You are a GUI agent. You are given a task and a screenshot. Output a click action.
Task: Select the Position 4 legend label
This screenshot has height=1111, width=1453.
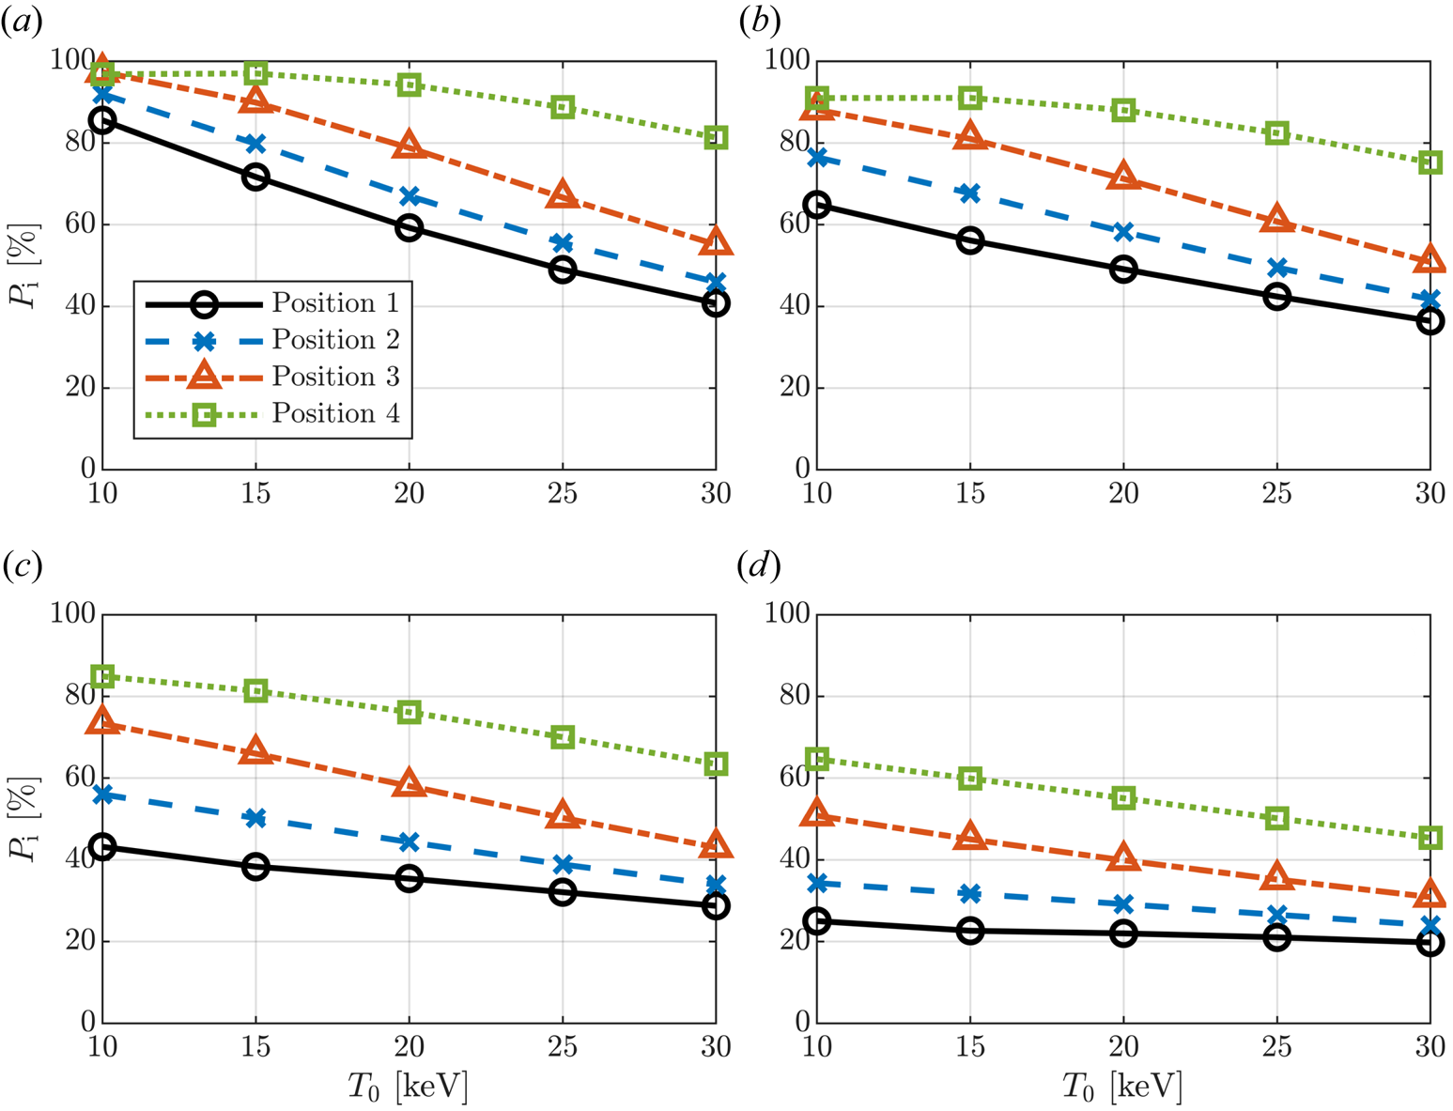point(335,413)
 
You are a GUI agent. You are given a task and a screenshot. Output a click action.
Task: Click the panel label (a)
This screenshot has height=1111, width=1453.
point(21,23)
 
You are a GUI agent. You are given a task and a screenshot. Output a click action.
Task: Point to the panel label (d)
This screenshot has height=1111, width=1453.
point(759,566)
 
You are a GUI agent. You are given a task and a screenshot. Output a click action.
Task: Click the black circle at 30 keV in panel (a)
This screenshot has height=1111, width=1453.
point(716,303)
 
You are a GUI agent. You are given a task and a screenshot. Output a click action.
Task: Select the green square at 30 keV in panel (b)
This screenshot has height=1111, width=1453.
point(1430,162)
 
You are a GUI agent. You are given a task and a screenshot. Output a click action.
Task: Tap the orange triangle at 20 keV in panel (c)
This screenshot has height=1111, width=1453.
point(409,783)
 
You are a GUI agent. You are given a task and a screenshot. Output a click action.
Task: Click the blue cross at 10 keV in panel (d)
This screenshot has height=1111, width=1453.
point(817,883)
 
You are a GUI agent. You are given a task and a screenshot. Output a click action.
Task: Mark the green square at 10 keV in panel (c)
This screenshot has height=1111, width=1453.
point(102,676)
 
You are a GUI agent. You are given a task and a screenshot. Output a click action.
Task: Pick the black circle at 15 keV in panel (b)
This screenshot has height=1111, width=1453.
point(970,240)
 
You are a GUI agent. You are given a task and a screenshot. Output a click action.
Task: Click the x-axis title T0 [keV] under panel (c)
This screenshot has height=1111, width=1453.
point(408,1087)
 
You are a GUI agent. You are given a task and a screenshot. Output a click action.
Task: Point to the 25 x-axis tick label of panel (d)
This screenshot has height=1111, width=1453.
point(1276,1046)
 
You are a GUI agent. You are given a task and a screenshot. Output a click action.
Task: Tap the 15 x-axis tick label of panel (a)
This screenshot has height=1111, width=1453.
point(255,493)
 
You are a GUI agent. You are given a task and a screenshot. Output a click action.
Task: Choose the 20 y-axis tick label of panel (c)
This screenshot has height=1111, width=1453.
point(80,941)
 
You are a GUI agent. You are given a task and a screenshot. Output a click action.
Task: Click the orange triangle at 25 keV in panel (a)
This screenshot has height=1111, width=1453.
point(563,195)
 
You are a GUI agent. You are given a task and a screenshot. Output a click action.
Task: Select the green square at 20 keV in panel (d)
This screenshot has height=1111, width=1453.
point(1123,798)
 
